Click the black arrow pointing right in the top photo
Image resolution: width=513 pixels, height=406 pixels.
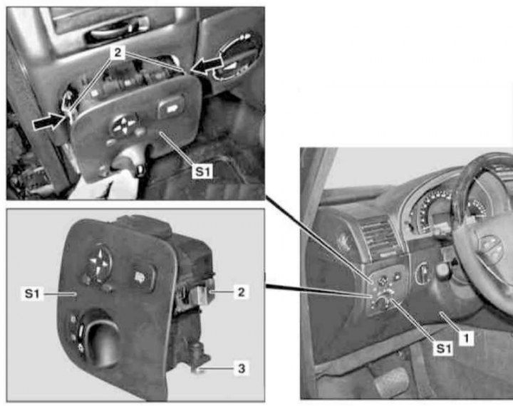(49, 123)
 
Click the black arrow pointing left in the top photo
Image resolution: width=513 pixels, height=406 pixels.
(207, 65)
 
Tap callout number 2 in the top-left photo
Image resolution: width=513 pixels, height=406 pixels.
(118, 52)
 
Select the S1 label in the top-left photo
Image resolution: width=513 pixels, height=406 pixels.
(203, 171)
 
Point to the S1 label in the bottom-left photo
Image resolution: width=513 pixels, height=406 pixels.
(32, 293)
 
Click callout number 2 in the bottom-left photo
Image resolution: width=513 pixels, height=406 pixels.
(241, 292)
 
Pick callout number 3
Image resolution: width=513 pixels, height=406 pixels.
(241, 368)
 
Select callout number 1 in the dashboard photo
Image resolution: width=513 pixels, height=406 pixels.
(466, 338)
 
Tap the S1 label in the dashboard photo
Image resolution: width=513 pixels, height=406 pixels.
(443, 348)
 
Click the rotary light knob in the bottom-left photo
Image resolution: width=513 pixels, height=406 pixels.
(100, 340)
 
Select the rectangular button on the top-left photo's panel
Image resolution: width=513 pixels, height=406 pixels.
(171, 107)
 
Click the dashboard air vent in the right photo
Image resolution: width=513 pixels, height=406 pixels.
(380, 236)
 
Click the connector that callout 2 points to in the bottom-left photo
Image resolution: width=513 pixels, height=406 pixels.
(199, 293)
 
